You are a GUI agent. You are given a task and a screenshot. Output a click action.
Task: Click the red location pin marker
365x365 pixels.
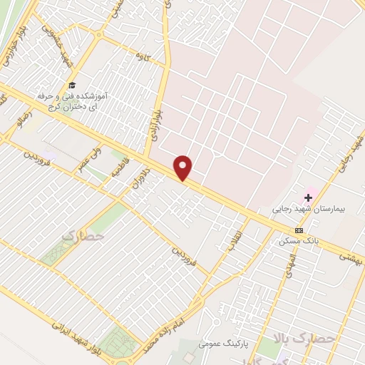point(183,167)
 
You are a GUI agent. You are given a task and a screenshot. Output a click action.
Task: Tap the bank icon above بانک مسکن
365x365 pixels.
point(298,230)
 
